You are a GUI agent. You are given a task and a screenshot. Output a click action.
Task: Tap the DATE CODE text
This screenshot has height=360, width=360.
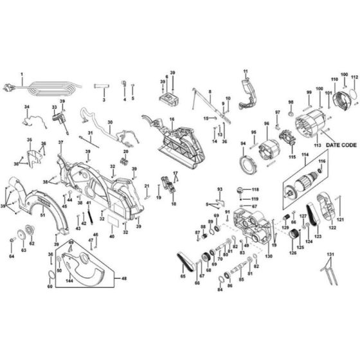coord(339,146)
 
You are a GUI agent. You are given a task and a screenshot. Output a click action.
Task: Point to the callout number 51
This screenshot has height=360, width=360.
coord(43,215)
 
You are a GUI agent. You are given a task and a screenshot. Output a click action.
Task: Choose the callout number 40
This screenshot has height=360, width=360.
coord(111,237)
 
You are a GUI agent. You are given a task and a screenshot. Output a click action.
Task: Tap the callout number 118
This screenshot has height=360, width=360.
coord(255,190)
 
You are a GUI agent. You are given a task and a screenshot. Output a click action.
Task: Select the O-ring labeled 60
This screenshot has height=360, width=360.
coord(50,276)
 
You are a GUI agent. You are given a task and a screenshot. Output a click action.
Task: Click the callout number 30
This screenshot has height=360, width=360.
coord(109,122)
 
